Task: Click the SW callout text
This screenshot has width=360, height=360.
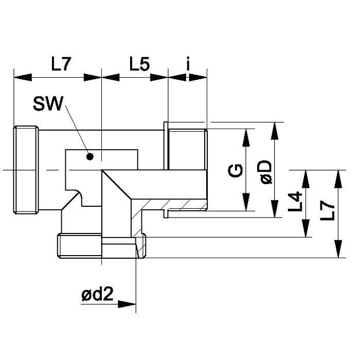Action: point(47,106)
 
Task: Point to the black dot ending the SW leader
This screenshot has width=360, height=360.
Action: point(89,156)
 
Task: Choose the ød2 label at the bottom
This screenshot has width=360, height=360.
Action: point(97,295)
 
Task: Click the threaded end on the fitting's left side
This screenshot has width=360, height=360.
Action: point(25,170)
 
